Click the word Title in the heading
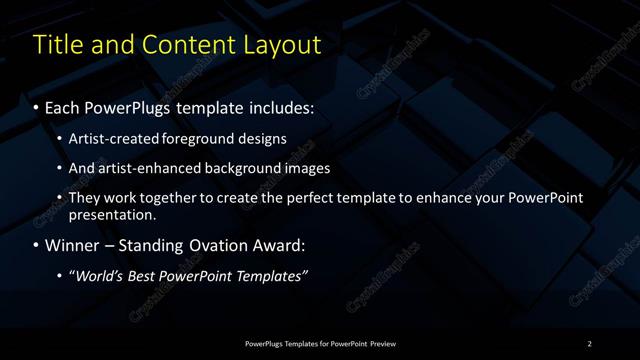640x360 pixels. pyautogui.click(x=57, y=45)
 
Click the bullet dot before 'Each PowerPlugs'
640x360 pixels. pyautogui.click(x=37, y=105)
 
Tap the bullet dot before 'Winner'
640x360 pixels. pyautogui.click(x=37, y=245)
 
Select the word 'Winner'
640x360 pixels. pyautogui.click(x=73, y=245)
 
